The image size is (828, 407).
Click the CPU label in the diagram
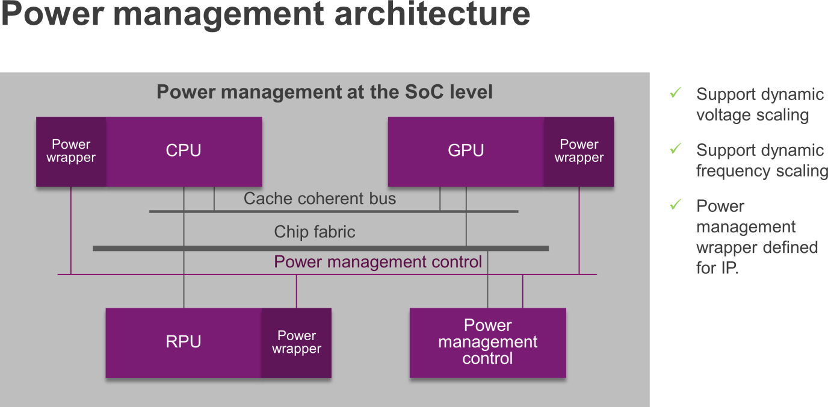pos(184,151)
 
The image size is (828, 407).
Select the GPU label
pos(466,151)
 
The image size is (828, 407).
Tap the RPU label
pos(184,341)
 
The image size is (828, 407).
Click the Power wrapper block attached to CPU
pos(71,152)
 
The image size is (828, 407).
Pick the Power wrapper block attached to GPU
pos(579,152)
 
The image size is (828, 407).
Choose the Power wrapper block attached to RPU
pos(297,343)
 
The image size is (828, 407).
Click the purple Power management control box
pos(487,343)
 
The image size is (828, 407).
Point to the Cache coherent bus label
pos(320,199)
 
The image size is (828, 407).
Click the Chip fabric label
pos(315,232)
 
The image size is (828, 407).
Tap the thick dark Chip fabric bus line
pos(321,248)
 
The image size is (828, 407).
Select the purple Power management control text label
pos(378,262)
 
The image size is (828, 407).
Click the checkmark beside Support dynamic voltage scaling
pos(675,93)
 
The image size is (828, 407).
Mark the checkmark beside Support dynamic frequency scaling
pos(675,148)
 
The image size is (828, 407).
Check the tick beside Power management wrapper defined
pos(675,204)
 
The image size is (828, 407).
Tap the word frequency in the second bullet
pos(733,172)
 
